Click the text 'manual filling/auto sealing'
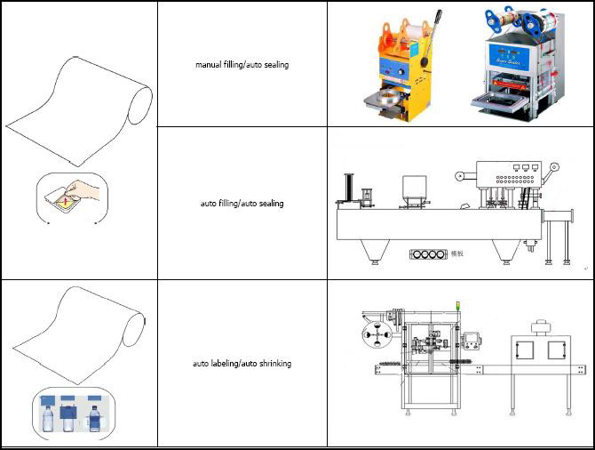242,65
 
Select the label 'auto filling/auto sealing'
242,204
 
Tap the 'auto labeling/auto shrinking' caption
242,364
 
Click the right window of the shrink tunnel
559,350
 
